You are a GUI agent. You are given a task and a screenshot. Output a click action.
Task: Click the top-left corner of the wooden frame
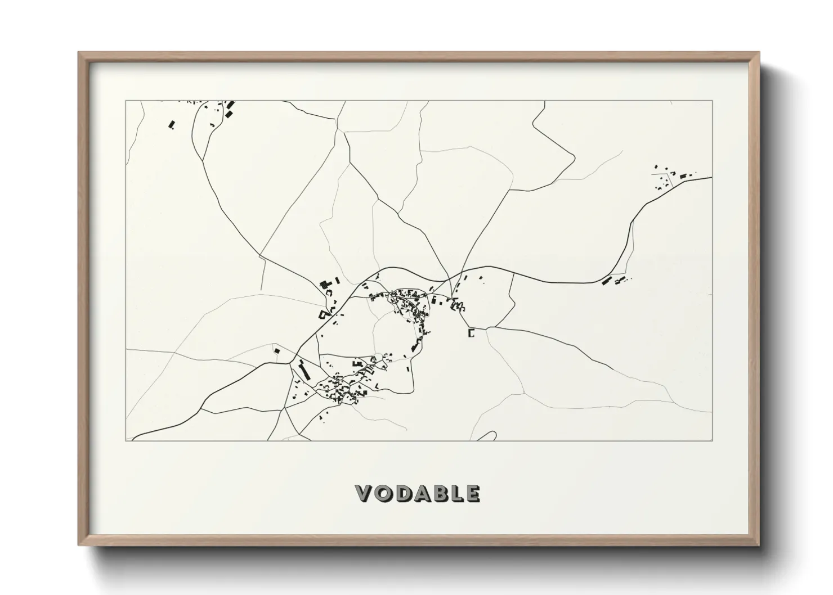(79, 53)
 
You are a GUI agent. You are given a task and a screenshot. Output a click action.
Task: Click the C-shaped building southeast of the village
(471, 333)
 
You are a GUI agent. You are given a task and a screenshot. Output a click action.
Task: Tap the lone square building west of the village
(276, 351)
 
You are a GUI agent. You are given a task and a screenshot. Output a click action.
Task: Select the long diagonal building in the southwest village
(304, 371)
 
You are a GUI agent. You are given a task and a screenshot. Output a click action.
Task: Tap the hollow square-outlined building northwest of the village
(324, 314)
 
